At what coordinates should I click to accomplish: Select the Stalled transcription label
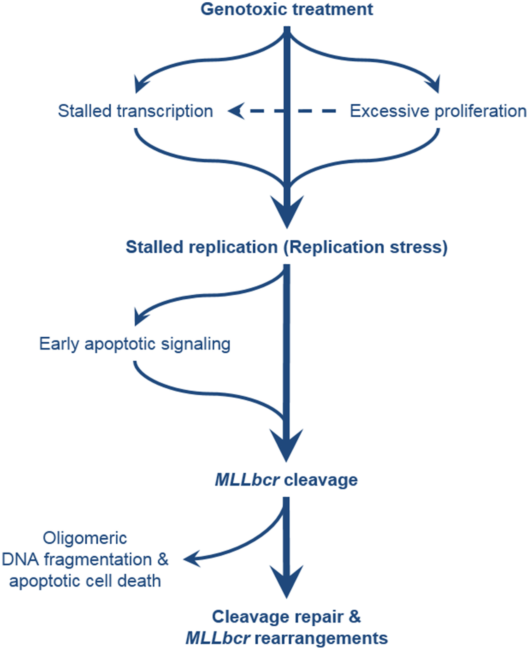(x=135, y=111)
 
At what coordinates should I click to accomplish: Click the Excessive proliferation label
(x=438, y=111)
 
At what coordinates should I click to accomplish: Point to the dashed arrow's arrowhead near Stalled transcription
(x=236, y=111)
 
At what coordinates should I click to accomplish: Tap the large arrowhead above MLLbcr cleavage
(x=286, y=445)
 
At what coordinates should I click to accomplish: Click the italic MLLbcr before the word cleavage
(x=247, y=480)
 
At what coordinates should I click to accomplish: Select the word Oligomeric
(x=85, y=538)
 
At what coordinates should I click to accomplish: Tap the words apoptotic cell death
(x=85, y=581)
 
